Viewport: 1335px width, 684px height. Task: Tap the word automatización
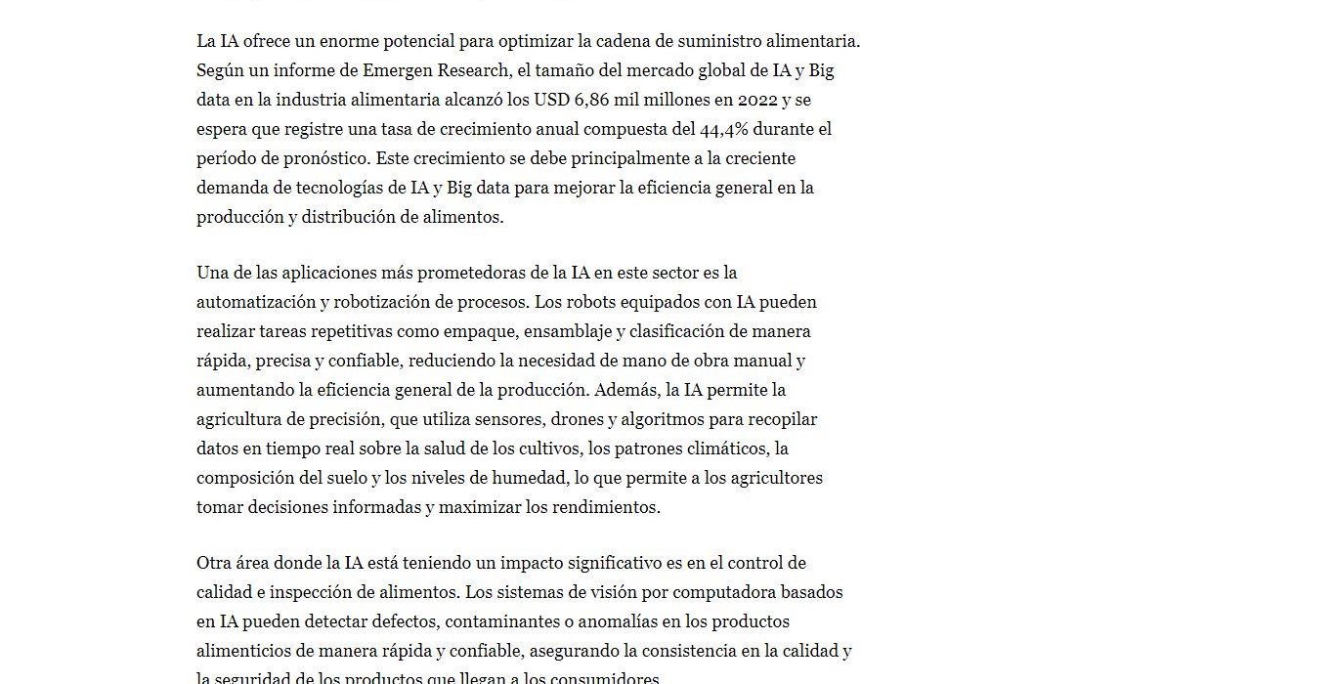[255, 301]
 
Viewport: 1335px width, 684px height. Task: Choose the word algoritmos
[666, 419]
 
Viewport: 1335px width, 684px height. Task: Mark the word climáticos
[723, 449]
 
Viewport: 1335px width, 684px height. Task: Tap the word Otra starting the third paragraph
[214, 563]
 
